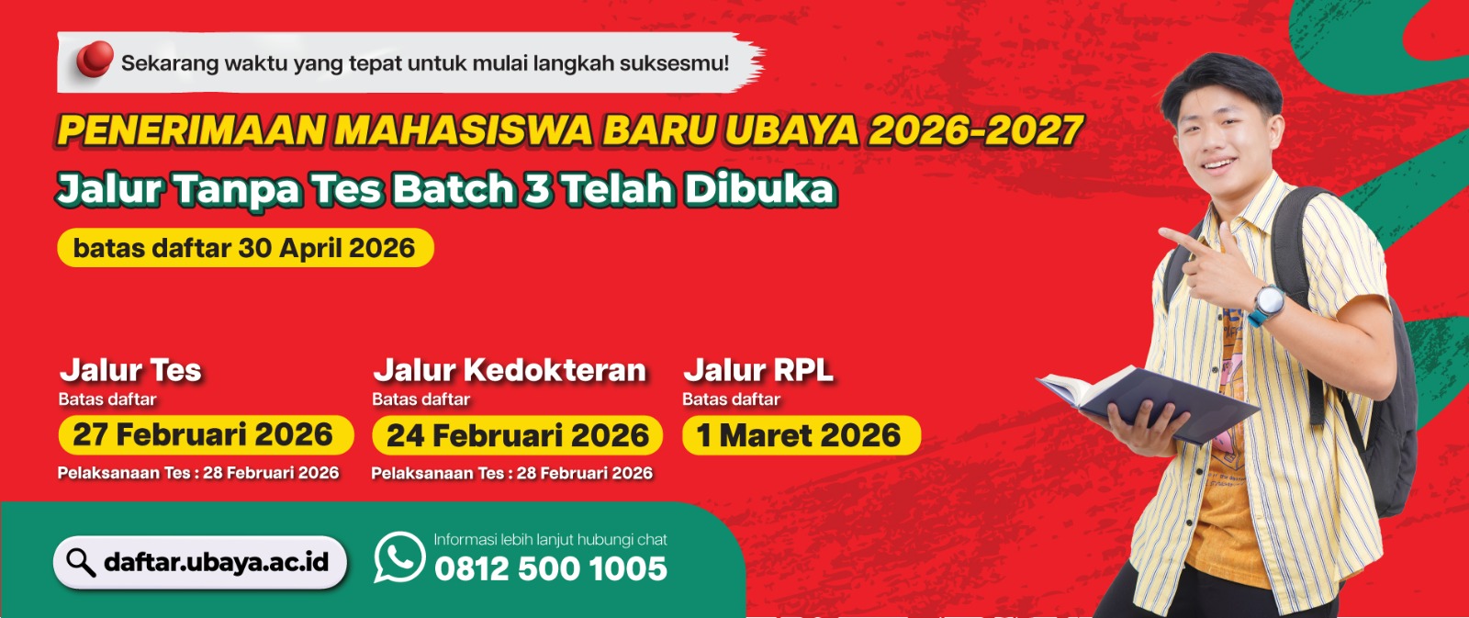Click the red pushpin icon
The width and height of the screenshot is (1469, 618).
(x=95, y=59)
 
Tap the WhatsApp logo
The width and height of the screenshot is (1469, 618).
(x=399, y=557)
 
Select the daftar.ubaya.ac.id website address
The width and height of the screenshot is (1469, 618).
(x=217, y=562)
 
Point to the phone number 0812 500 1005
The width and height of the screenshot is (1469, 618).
(x=550, y=568)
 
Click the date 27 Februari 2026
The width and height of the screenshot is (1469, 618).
(x=203, y=435)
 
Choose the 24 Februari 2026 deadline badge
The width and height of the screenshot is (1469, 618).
(x=518, y=435)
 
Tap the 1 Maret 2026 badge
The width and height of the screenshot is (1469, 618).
(x=802, y=435)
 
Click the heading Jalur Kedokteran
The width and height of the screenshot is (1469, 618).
(x=510, y=370)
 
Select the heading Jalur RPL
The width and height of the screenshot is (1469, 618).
(x=758, y=370)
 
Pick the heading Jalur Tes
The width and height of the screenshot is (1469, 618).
(x=130, y=370)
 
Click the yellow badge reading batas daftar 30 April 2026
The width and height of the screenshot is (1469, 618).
(x=245, y=248)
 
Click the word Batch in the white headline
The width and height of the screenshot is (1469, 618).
(x=454, y=189)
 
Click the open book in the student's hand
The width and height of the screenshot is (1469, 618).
(x=1147, y=401)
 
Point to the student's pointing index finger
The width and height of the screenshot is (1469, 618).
(x=1183, y=239)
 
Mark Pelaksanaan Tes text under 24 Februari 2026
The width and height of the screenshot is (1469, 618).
(x=511, y=473)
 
